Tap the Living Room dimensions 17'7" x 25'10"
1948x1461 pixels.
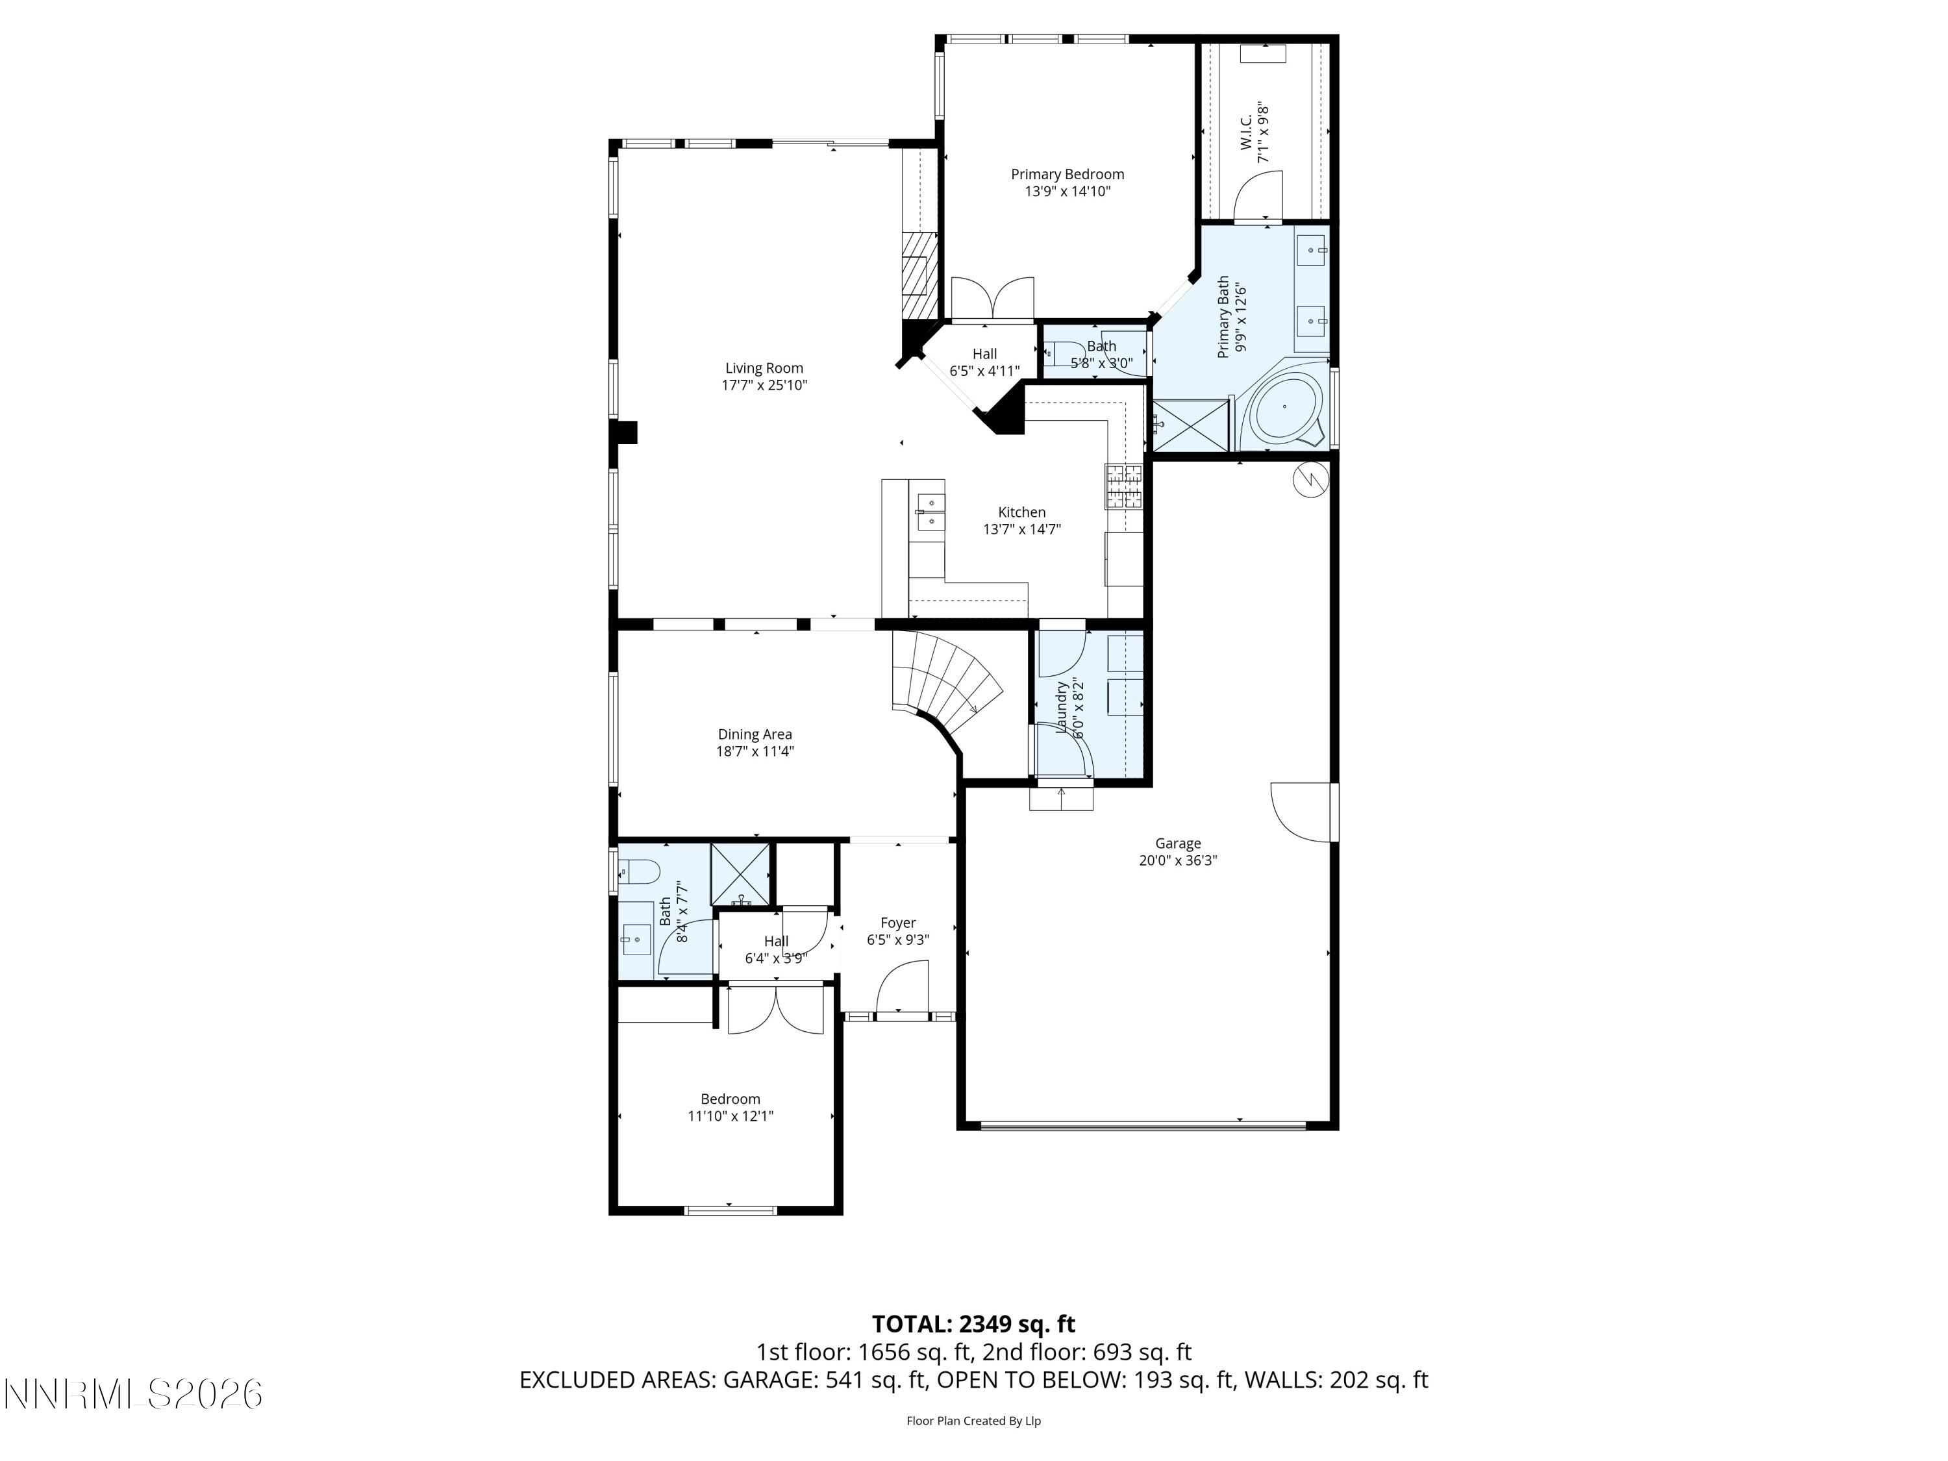(764, 386)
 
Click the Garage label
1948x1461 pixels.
(1177, 843)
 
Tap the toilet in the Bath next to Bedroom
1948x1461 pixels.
(640, 873)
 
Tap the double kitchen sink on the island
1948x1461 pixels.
(930, 512)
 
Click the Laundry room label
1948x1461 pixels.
(1062, 708)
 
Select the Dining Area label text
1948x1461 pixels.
(755, 734)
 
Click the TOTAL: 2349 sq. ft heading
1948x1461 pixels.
(973, 1323)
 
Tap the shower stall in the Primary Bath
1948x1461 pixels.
(1190, 425)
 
